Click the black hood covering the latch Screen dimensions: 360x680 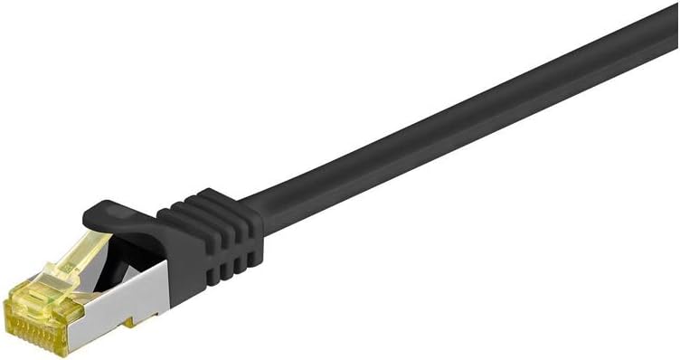[x=118, y=217]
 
